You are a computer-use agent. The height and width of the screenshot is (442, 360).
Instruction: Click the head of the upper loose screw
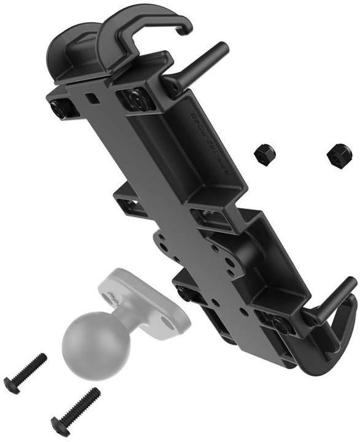(x=12, y=385)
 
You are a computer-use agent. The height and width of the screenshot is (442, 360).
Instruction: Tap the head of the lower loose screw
(x=58, y=423)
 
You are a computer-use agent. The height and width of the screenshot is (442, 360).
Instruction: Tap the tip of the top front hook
(x=185, y=27)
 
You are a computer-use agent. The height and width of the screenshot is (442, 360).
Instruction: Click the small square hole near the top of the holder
(x=92, y=97)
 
